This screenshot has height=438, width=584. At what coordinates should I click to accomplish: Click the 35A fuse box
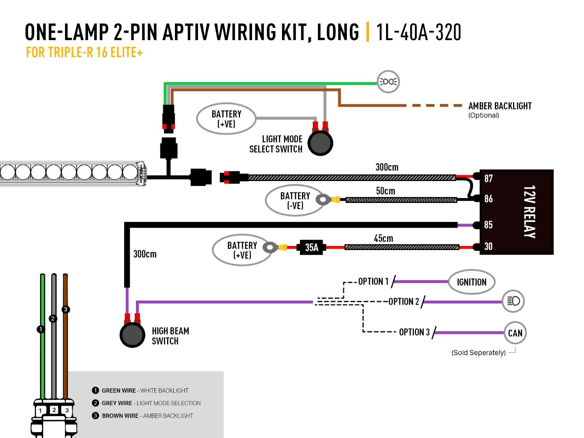pos(311,247)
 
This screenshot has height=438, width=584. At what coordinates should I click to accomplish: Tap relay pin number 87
pos(488,178)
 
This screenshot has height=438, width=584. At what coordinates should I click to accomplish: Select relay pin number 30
pos(488,246)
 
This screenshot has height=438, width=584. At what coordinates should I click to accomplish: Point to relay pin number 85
pos(488,225)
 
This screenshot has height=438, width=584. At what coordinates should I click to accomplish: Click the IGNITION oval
pos(472,282)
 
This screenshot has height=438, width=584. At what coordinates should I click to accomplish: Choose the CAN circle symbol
pos(515,333)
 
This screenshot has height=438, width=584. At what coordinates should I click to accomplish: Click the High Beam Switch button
pos(132,335)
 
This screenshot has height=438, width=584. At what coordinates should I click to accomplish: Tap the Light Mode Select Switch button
pos(320,143)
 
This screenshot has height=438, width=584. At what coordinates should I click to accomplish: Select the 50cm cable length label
pos(386,191)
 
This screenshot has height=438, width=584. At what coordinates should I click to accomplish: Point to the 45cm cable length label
pos(383,238)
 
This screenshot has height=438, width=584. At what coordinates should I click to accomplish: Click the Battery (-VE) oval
pos(295,200)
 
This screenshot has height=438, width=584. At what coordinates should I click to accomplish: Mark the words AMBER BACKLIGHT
pos(500,106)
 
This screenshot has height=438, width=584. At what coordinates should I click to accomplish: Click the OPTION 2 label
pos(404,301)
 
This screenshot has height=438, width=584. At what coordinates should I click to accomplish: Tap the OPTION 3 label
pos(414,332)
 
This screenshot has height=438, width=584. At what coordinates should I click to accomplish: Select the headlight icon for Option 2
pos(513,301)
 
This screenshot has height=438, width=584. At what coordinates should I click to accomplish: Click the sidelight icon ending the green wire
pos(388,82)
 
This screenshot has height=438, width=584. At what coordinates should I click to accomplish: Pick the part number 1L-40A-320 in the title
pos(419,32)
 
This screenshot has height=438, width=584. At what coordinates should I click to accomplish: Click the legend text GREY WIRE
pos(117,403)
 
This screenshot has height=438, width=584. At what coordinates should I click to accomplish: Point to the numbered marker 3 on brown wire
pos(66,310)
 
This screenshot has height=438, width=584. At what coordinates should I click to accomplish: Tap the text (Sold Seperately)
pos(478,353)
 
